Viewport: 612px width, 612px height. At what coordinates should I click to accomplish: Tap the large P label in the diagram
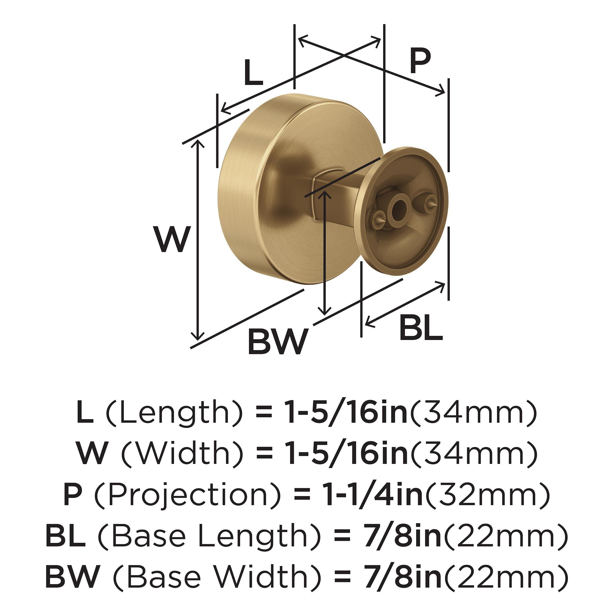point(420,61)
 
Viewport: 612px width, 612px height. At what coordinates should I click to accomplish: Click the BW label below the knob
point(278,342)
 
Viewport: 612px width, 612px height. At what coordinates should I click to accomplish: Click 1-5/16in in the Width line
point(347,453)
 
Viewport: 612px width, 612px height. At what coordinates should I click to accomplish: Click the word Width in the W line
point(183,453)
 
